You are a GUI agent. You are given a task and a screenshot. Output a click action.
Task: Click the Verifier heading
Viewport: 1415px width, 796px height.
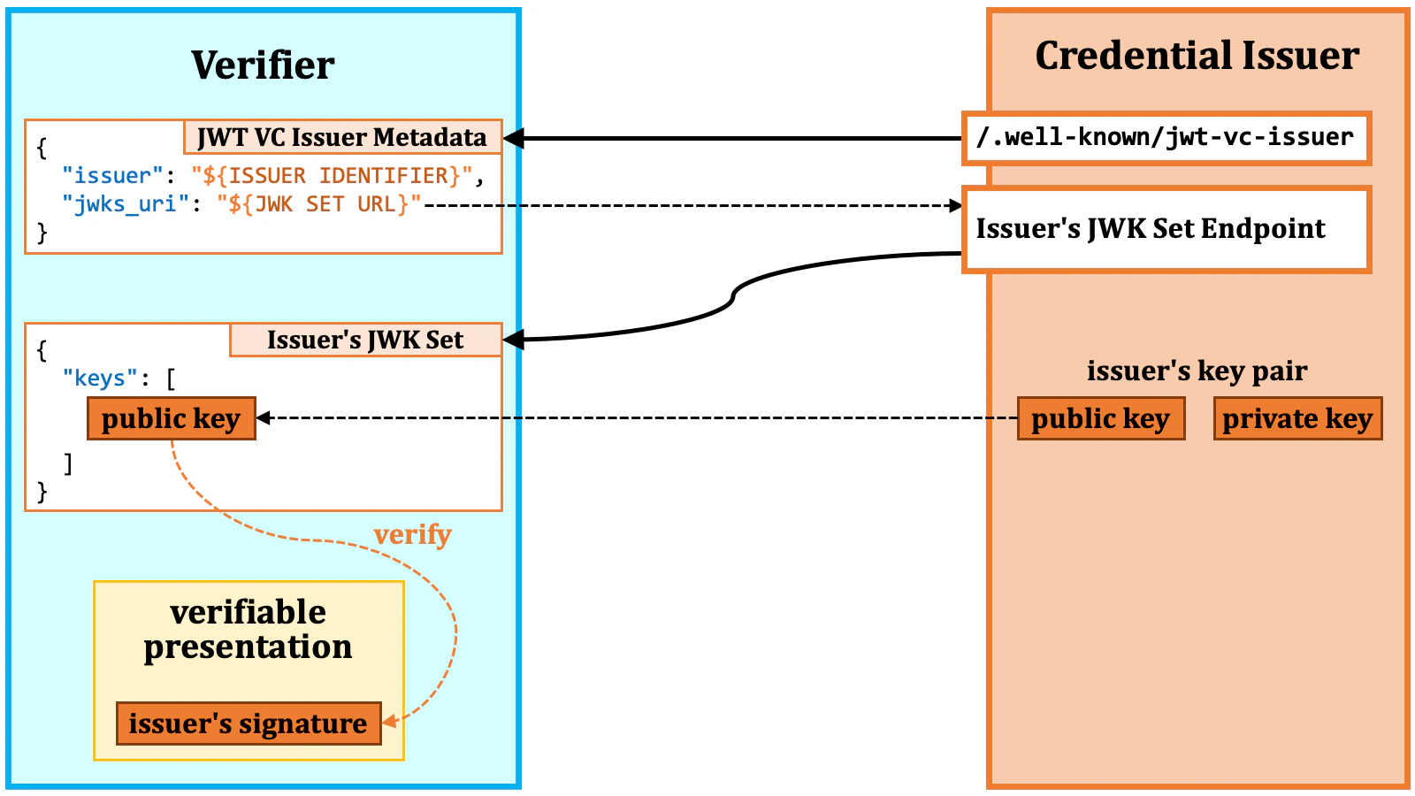[263, 65]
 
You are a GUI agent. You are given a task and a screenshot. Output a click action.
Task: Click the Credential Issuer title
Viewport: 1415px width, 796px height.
[1197, 56]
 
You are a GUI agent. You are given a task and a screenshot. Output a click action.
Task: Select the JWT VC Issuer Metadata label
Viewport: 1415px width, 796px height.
[342, 137]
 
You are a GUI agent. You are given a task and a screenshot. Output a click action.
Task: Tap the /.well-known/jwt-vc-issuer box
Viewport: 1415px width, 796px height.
[1166, 138]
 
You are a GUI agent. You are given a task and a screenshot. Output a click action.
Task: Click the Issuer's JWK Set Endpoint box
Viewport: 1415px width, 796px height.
[1166, 229]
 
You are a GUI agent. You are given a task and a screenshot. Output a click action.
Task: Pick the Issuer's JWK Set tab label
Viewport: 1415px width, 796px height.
[365, 340]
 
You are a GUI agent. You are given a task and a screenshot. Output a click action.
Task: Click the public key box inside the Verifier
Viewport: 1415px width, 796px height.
[171, 418]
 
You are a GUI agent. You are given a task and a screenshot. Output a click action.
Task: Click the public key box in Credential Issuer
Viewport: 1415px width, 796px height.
[1100, 418]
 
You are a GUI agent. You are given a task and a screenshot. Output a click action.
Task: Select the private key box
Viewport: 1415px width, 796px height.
[1296, 418]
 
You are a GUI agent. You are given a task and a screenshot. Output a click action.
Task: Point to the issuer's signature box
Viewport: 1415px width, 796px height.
[248, 723]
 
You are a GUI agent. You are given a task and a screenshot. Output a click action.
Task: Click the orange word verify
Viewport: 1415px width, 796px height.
[412, 534]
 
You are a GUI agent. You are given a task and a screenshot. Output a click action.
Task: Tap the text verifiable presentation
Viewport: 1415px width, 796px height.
[248, 630]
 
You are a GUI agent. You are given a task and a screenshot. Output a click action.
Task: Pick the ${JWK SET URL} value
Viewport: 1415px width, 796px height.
[319, 204]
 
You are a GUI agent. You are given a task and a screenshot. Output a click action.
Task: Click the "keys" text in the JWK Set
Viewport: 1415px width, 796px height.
[100, 379]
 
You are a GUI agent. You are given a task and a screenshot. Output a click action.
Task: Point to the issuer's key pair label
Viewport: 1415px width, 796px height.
[1197, 371]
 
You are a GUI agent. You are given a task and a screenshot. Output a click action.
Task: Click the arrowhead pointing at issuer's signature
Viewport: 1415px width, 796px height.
[389, 722]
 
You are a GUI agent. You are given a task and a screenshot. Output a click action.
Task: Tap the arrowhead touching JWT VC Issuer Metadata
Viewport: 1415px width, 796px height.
[513, 138]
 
